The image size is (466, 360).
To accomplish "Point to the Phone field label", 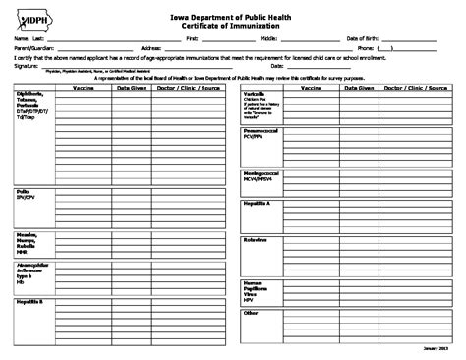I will pos(365,47).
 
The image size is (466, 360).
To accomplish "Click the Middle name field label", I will pos(268,38).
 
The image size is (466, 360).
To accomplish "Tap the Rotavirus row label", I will pos(255,239).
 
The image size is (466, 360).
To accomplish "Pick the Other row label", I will pos(250,313).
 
